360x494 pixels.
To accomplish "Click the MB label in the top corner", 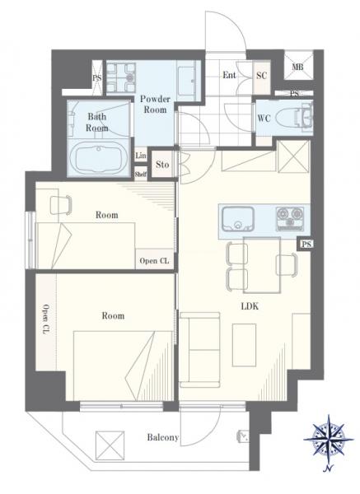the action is tap(297, 68).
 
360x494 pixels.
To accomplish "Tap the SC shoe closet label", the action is tap(261, 76).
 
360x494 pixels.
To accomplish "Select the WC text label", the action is tap(264, 119).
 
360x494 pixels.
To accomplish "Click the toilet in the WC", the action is tap(294, 118).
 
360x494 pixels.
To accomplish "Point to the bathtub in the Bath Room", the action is tap(98, 156).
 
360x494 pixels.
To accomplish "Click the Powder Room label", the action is tap(155, 105).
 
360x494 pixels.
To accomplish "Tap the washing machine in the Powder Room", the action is tap(121, 77).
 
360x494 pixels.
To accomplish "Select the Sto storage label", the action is tap(162, 165).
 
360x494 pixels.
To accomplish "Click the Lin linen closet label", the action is tap(141, 156).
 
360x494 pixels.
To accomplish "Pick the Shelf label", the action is tap(141, 174).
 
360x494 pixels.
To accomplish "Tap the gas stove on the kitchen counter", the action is tap(290, 218).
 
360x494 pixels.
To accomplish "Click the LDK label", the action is tap(250, 306).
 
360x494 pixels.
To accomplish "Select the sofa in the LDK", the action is tap(199, 350).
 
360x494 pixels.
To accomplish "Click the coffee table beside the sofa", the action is tap(244, 345).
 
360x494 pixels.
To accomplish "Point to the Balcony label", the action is tap(162, 438).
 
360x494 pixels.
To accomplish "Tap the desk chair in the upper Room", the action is tap(61, 205).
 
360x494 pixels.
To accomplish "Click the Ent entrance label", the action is tap(229, 75).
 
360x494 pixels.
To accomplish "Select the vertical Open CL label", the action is tap(46, 319).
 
